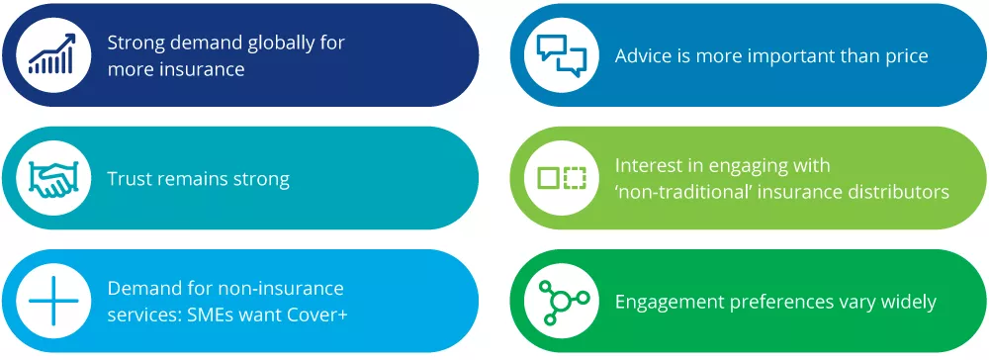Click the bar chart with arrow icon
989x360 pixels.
pyautogui.click(x=52, y=55)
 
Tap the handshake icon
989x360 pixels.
pyautogui.click(x=52, y=178)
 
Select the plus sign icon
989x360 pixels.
pyautogui.click(x=52, y=301)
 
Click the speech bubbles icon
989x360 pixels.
pyautogui.click(x=561, y=55)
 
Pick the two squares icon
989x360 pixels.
pyautogui.click(x=561, y=178)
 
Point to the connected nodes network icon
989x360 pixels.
pyautogui.click(x=561, y=301)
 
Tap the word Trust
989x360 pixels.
pyautogui.click(x=132, y=179)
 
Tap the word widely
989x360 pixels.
pyautogui.click(x=906, y=302)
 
